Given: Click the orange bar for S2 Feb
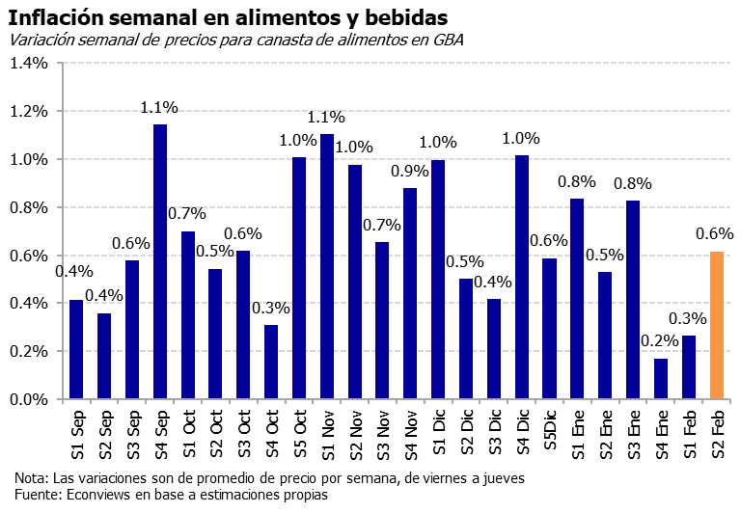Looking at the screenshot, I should click(x=717, y=325).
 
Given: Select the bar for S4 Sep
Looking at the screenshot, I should click(x=160, y=261).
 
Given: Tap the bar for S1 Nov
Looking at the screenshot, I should click(x=326, y=266).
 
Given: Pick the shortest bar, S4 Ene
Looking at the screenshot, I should click(x=661, y=379).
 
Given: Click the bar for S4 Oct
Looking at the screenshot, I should click(x=271, y=362).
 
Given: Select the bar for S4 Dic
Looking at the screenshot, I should click(x=522, y=277).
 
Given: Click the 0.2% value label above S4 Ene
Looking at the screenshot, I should click(x=660, y=340).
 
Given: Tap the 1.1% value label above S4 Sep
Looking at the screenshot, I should click(x=160, y=108).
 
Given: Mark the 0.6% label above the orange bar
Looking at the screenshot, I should click(x=715, y=234).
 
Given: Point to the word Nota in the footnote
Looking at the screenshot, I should click(x=30, y=478).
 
